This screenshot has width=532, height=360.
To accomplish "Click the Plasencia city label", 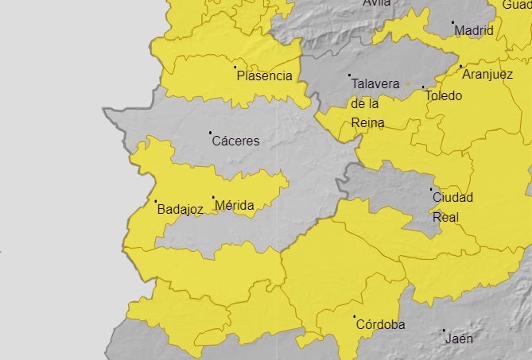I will click(x=265, y=76).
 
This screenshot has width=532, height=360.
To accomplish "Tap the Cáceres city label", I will click(x=235, y=141).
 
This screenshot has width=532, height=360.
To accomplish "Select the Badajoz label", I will click(x=181, y=210).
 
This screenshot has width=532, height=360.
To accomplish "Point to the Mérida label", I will click(x=235, y=206).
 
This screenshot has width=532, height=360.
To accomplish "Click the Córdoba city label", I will click(x=380, y=325).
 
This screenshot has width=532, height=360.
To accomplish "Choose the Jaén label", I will click(x=460, y=339).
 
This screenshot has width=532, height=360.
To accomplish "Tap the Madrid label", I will click(x=474, y=31).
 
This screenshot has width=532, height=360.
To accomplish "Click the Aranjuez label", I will click(x=489, y=74).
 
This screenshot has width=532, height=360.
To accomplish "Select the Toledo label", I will click(x=443, y=96).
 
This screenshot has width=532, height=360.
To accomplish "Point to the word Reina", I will click(x=367, y=123).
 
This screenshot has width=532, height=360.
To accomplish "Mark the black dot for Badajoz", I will click(x=155, y=201).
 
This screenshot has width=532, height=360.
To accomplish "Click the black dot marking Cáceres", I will click(x=210, y=133).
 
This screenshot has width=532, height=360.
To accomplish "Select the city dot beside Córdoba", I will click(x=354, y=316).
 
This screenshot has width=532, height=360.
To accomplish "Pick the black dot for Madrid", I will click(x=452, y=22).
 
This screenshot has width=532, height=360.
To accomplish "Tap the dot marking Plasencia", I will click(x=235, y=68).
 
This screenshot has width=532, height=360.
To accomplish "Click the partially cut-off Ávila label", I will click(x=377, y=3).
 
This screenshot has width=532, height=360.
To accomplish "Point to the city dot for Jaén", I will click(x=444, y=330).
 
